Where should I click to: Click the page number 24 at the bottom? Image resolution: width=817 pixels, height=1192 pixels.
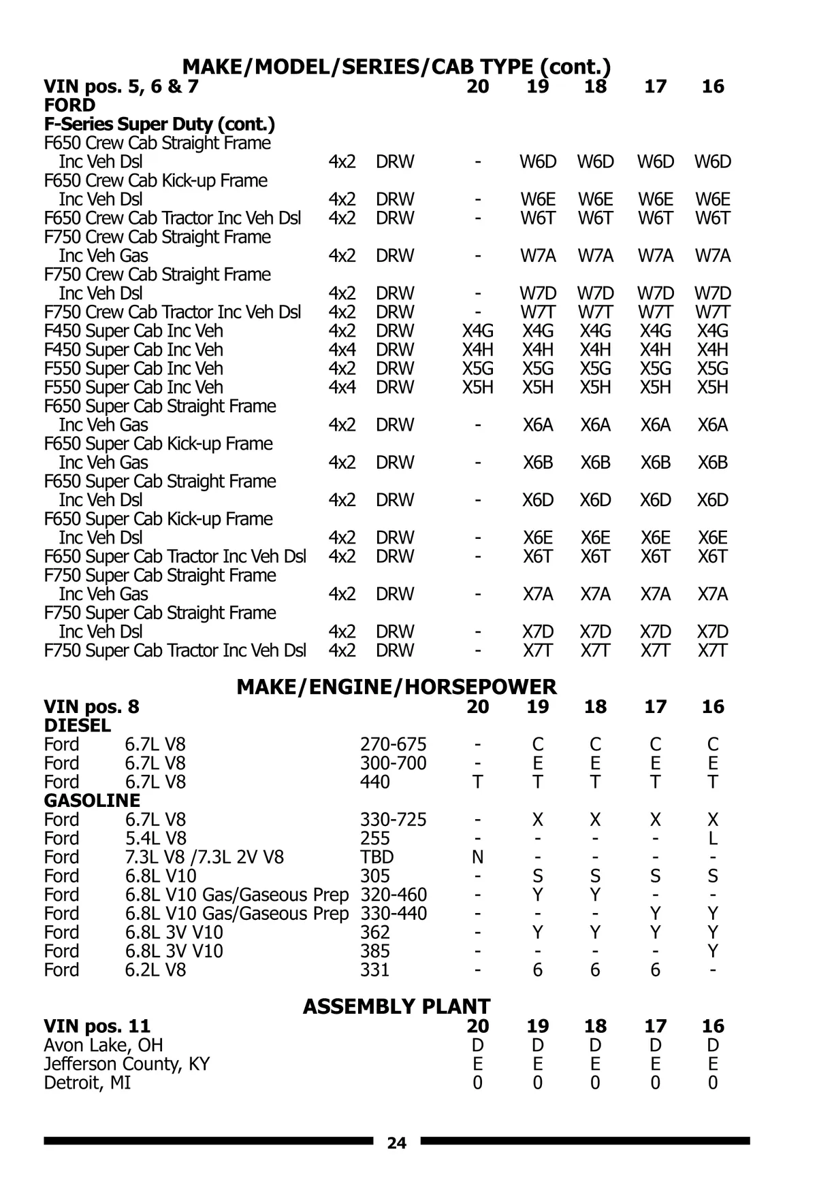coord(396,1143)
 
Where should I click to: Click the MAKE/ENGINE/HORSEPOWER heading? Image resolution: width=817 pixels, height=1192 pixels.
coord(396,687)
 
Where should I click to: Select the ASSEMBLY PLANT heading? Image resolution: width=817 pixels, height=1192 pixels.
coord(396,1006)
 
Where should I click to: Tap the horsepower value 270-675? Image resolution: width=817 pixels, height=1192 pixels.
coord(393,744)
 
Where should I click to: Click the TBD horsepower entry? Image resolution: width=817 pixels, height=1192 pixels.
coord(377,857)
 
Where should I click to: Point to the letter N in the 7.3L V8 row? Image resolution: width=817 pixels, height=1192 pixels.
coord(477,857)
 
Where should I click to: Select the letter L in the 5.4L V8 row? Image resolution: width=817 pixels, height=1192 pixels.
coord(712,838)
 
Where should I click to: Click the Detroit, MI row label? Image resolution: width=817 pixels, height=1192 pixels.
coord(87,1082)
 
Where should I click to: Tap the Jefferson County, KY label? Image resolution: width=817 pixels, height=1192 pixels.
coord(127,1063)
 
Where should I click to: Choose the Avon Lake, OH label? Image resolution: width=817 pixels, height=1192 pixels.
coord(103,1045)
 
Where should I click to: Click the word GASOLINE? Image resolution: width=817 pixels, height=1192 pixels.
coord(92,801)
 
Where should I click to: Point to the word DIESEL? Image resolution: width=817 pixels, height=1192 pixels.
coord(77,725)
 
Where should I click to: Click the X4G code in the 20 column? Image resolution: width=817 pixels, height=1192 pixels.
coord(477,331)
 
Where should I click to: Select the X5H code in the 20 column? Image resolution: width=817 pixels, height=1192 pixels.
coord(477,388)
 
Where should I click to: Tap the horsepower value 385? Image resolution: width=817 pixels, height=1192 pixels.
coord(374,951)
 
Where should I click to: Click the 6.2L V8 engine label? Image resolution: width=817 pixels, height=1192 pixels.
coord(155,970)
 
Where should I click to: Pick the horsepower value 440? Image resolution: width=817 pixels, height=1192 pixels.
coord(374,782)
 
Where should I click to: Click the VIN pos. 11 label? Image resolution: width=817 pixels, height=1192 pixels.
coord(97,1026)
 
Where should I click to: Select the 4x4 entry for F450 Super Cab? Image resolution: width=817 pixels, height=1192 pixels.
coord(342,350)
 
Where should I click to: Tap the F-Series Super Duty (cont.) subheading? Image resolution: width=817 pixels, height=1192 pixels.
coord(159,125)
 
